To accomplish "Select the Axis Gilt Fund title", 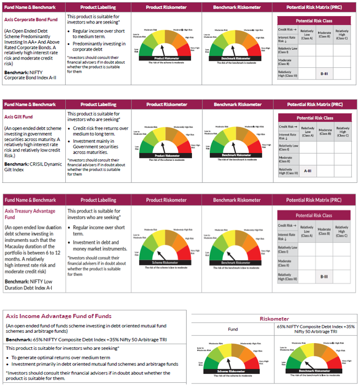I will coord(19,117).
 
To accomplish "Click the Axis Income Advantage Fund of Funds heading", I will coord(58,316).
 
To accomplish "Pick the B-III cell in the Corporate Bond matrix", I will coord(324,74).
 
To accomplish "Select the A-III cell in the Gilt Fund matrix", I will coord(308,171).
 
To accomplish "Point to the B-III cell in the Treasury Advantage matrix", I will coord(324,276).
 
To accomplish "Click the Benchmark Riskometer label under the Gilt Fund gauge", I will coord(236,155).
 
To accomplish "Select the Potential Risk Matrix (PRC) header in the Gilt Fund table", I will coord(315,104).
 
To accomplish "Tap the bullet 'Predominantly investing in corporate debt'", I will coord(95,46).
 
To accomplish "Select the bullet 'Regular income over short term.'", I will coord(99,230).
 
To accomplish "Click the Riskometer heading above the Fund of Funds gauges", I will coord(274,319).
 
